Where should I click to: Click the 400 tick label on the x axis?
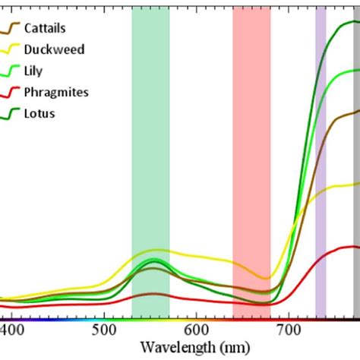(x=13, y=330)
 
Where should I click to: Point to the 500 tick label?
(x=104, y=330)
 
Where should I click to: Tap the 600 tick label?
(x=196, y=330)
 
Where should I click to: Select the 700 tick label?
(x=287, y=330)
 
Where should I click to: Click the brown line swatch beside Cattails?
(x=13, y=29)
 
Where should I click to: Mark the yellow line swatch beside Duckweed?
(x=13, y=50)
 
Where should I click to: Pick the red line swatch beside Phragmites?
(x=13, y=93)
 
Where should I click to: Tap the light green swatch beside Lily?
(x=13, y=71)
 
